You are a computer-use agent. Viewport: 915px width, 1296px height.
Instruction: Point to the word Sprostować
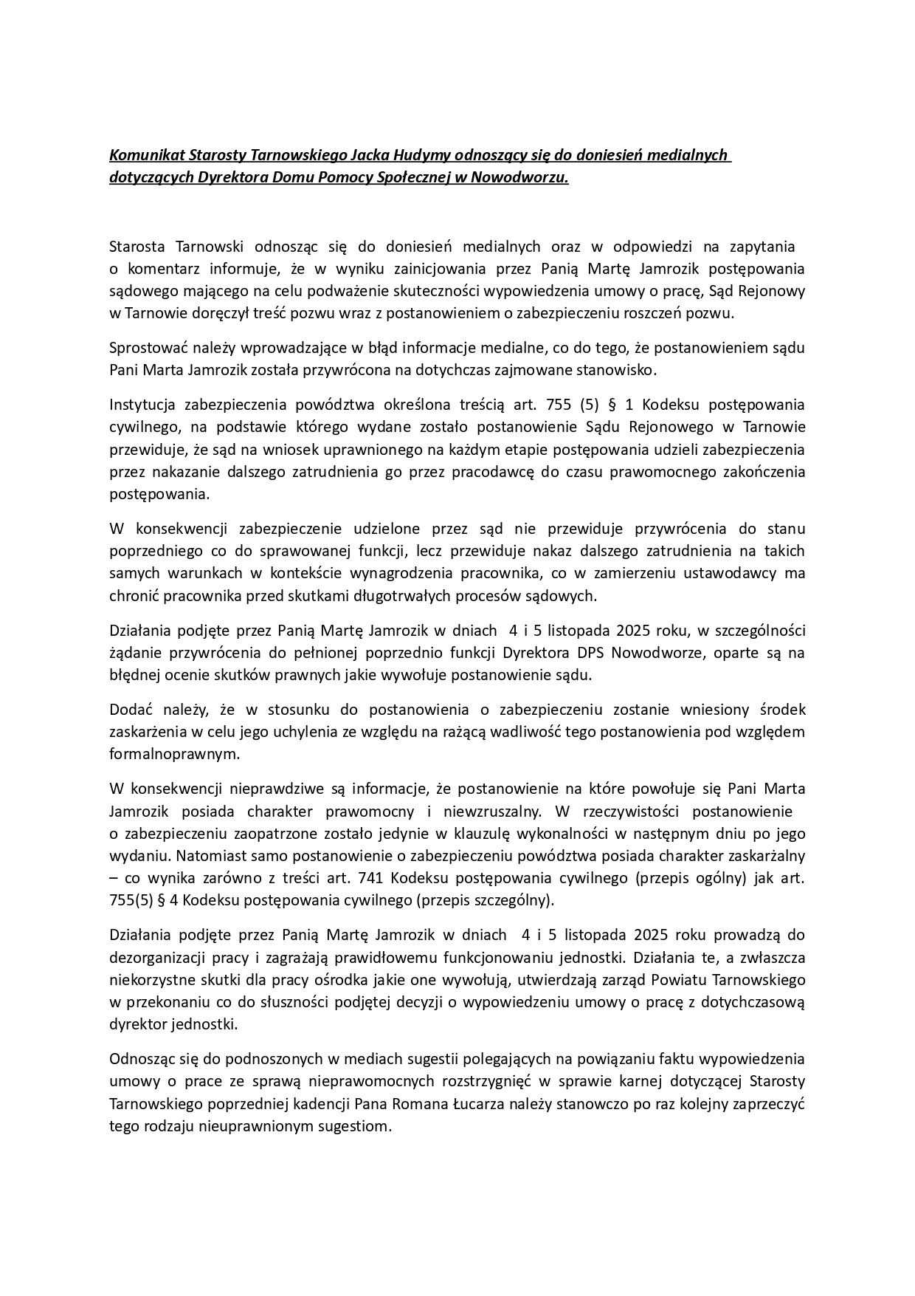(148, 348)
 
